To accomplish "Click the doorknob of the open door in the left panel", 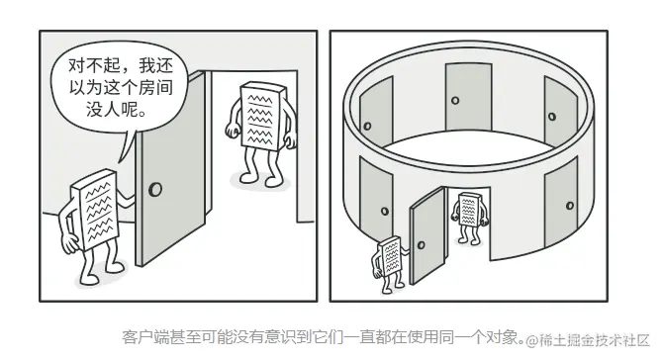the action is point(155,190).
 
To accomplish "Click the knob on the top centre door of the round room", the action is point(455,101).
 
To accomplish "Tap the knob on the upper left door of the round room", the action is point(367,126).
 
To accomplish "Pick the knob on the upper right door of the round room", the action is point(551,117).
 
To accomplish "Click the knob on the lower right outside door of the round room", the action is point(570,206).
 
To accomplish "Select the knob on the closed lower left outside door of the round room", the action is point(385,211).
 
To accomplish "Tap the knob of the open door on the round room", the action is point(421,245).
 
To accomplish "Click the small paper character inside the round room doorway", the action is point(469,218).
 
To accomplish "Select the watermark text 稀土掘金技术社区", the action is point(594,340).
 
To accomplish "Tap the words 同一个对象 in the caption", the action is point(478,337).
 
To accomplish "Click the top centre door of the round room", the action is point(469,97).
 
